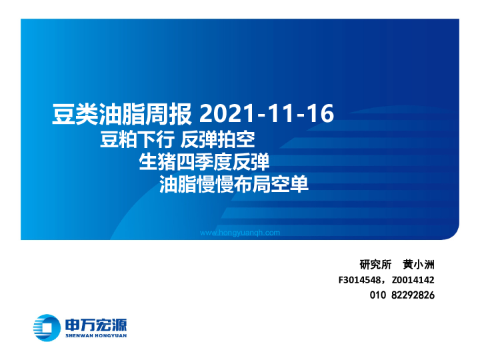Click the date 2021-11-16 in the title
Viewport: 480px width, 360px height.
pos(266,113)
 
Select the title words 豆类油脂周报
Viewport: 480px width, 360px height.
pos(122,114)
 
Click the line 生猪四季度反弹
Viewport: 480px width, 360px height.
pos(203,162)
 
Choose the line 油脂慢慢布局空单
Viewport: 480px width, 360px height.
pos(235,184)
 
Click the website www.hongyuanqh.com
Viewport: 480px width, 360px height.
pos(240,233)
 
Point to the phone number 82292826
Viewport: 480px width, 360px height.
pos(413,295)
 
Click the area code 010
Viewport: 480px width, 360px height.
pos(377,295)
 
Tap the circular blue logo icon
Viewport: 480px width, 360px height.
pos(46,326)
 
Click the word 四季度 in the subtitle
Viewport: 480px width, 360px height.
pos(203,162)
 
